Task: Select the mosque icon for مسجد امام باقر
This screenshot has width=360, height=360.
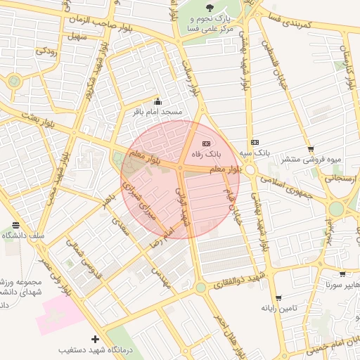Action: click(157, 102)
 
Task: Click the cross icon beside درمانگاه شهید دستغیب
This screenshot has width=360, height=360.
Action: click(95, 339)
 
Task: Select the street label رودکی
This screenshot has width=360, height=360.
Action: click(46, 51)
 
